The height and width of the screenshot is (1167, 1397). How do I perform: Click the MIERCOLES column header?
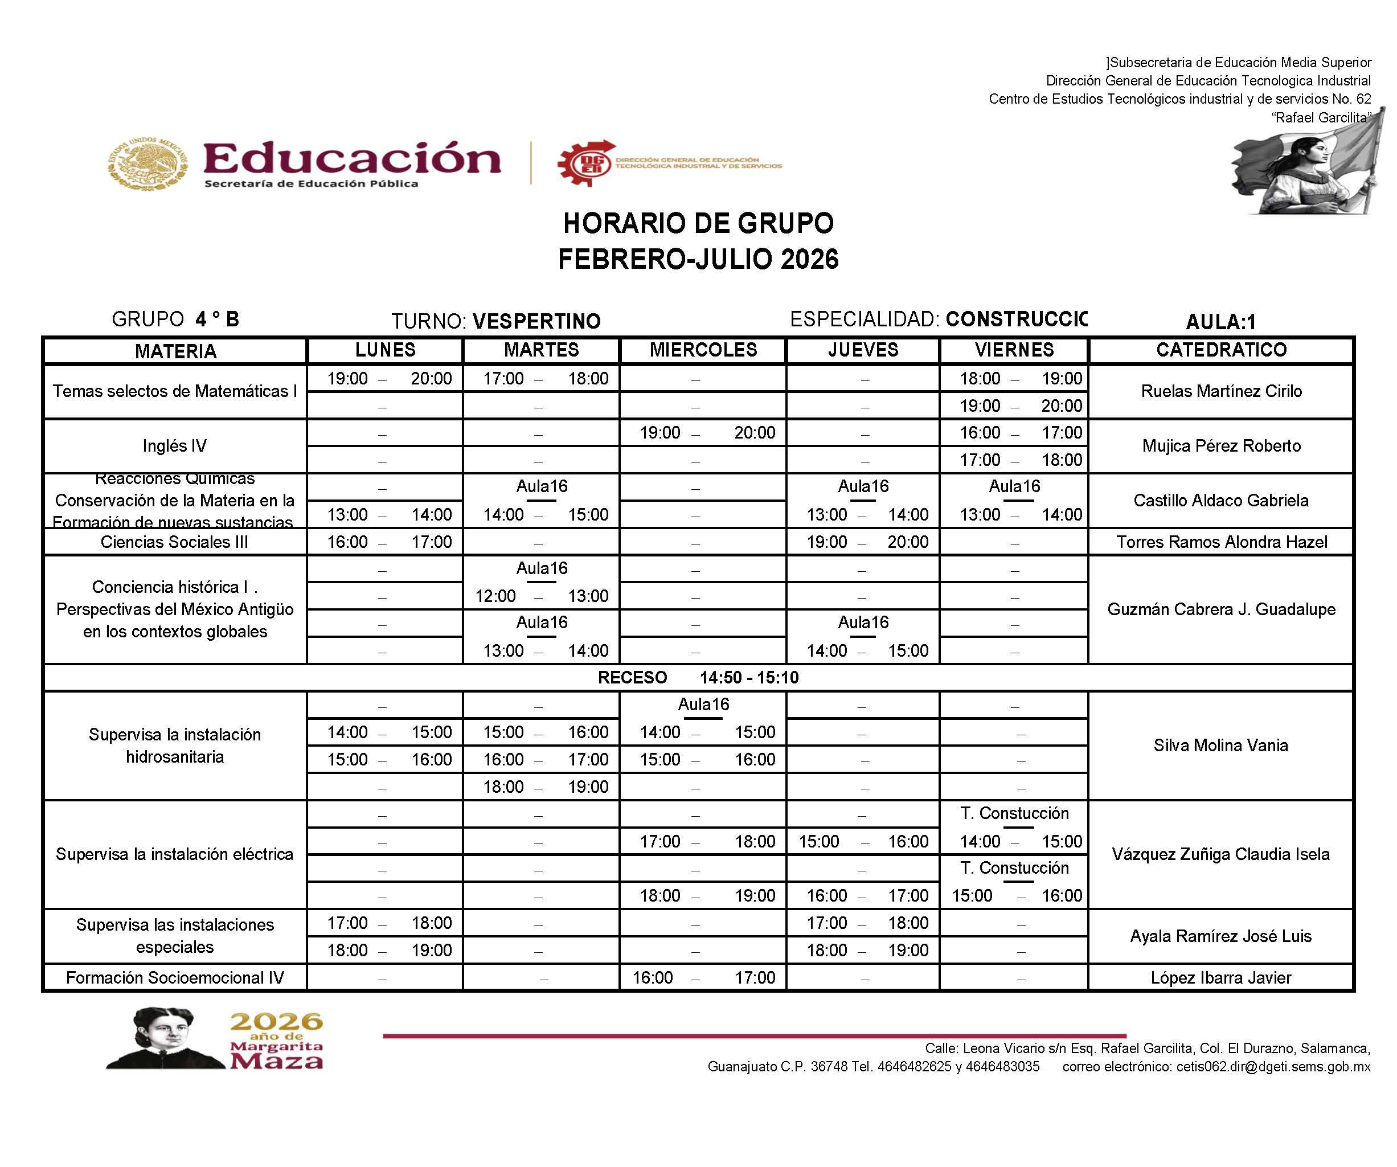[703, 350]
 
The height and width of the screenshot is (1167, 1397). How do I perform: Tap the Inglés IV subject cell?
[175, 446]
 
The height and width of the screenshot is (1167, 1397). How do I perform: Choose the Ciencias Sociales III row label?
[174, 542]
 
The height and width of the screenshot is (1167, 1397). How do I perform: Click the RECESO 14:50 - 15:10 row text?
[698, 677]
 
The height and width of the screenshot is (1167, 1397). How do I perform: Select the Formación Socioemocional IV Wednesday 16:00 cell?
[703, 977]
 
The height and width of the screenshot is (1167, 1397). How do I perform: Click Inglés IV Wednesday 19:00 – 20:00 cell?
[707, 433]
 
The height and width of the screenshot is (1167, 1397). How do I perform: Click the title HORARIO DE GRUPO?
[698, 224]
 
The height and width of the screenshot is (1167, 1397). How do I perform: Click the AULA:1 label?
[1220, 322]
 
